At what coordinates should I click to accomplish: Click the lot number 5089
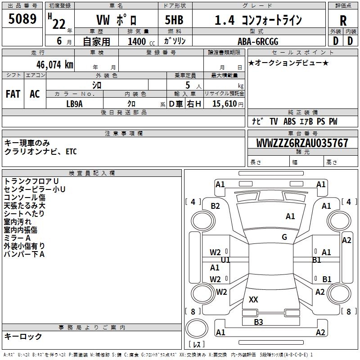22,19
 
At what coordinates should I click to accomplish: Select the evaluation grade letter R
343,20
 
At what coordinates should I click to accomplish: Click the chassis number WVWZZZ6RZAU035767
302,143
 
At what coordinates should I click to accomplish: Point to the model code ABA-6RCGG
258,41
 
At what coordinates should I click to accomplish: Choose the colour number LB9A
75,103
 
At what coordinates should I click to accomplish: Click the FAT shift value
13,94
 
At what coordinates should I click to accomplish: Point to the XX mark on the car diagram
253,300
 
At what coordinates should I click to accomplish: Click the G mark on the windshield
284,237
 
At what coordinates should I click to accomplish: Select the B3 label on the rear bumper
258,322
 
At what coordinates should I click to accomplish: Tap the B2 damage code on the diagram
216,206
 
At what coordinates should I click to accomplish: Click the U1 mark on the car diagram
225,260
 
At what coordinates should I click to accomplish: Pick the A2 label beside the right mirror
346,240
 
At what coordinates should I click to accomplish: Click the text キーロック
23,336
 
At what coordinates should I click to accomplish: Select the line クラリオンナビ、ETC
40,152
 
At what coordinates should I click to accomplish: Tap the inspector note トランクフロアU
31,181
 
